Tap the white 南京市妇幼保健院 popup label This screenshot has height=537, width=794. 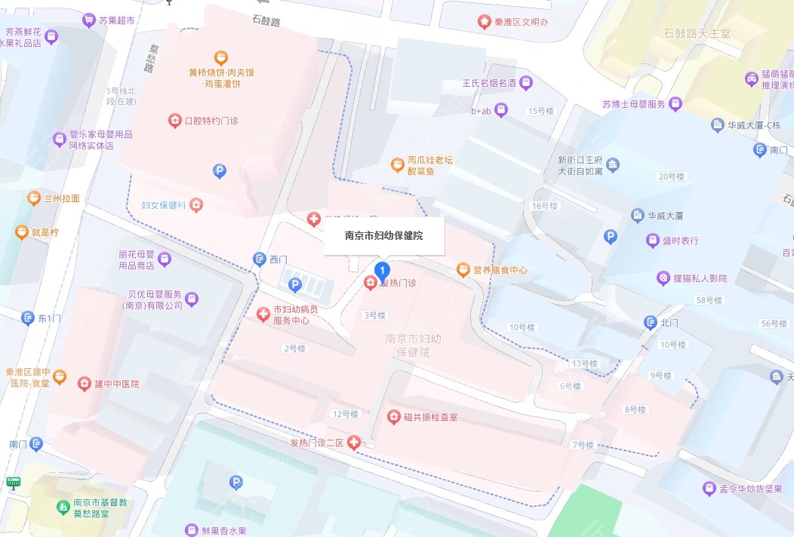click(383, 236)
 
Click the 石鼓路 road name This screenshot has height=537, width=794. click(266, 22)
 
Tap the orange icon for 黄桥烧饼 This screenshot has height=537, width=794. click(220, 56)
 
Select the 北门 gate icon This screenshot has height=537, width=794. click(651, 324)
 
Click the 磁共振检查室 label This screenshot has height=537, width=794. click(429, 417)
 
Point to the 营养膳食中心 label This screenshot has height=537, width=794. click(499, 269)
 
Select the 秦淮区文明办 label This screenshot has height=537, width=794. click(521, 22)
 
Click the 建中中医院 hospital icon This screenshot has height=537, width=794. click(84, 384)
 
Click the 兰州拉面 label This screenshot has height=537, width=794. click(62, 198)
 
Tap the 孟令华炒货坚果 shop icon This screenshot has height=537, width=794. click(709, 488)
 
